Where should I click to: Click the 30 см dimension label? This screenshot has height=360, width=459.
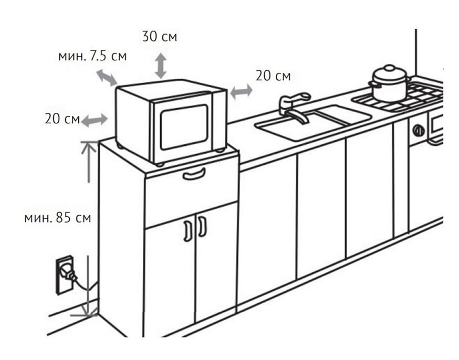click(x=160, y=37)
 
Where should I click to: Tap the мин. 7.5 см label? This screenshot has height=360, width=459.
click(x=92, y=56)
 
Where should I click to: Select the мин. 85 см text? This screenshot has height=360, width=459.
click(x=58, y=218)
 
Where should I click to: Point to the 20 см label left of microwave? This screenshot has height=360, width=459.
click(x=62, y=119)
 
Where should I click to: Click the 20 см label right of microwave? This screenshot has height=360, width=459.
click(x=273, y=76)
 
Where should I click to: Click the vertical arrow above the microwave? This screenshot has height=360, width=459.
click(x=161, y=66)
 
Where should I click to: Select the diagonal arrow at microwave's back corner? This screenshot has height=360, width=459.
click(x=107, y=78)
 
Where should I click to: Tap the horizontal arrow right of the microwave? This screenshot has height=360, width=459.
click(x=242, y=92)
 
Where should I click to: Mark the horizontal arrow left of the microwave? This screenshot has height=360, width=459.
click(x=95, y=120)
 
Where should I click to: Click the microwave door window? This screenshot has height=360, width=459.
click(x=184, y=126)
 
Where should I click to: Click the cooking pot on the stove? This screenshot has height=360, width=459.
click(x=389, y=83)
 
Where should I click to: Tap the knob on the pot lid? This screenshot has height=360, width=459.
click(x=389, y=68)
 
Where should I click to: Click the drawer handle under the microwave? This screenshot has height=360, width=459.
click(x=194, y=174)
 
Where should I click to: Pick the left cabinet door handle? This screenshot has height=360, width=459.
click(x=187, y=231)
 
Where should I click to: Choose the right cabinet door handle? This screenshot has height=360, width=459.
click(x=202, y=226)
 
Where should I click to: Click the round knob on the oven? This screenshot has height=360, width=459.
click(x=419, y=131)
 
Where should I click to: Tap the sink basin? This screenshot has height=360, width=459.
click(x=313, y=122)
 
